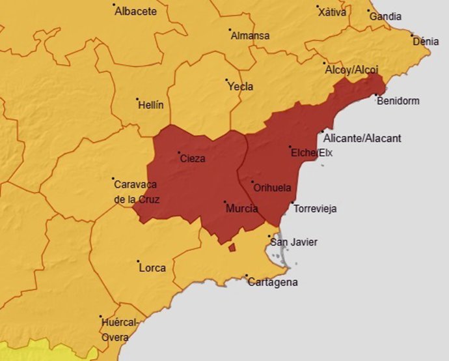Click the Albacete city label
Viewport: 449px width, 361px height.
[135, 12]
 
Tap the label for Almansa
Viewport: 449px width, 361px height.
[250, 36]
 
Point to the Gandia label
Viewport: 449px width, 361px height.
[385, 16]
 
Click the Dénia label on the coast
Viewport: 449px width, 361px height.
[426, 41]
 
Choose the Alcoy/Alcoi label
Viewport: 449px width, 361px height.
[351, 69]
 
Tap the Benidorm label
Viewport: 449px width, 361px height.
[398, 101]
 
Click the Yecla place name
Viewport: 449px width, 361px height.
[241, 87]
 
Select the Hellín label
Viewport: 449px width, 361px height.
[151, 105]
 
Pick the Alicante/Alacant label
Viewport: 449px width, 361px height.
[362, 138]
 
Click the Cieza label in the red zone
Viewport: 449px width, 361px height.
[192, 158]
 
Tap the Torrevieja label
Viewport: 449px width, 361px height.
[315, 209]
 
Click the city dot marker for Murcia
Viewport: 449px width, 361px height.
[224, 202]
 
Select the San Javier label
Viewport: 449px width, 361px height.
[293, 242]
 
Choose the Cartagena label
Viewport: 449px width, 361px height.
[273, 282]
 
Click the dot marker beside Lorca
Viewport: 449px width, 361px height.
[138, 262]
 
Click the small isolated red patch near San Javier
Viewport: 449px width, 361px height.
[231, 248]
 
